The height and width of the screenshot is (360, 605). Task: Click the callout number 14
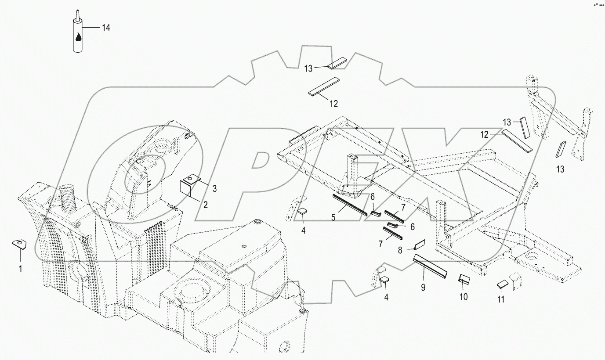[x=106, y=28]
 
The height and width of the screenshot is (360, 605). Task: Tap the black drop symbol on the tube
[x=78, y=38]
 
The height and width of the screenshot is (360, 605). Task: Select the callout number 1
[x=19, y=268]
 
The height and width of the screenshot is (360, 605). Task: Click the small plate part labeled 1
[x=18, y=244]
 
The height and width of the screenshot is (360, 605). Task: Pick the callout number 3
[x=214, y=189]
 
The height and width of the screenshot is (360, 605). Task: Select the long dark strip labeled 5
[x=350, y=205]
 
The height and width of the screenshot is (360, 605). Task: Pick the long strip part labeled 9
[x=430, y=267]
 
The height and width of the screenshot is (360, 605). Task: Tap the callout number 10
[x=464, y=297]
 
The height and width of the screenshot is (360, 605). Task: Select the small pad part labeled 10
[x=464, y=280]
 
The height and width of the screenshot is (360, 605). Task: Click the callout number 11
[x=500, y=299]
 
